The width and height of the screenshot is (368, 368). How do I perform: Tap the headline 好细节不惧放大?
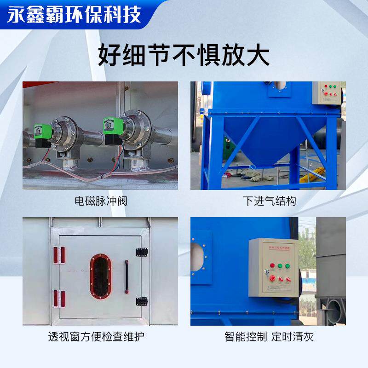tap(184, 56)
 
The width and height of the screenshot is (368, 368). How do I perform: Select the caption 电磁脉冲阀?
tap(101, 201)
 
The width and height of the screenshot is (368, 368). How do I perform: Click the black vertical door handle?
tap(126, 276)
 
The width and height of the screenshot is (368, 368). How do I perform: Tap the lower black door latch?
tap(141, 301)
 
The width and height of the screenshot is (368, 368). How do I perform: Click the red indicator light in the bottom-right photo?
tap(272, 265)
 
